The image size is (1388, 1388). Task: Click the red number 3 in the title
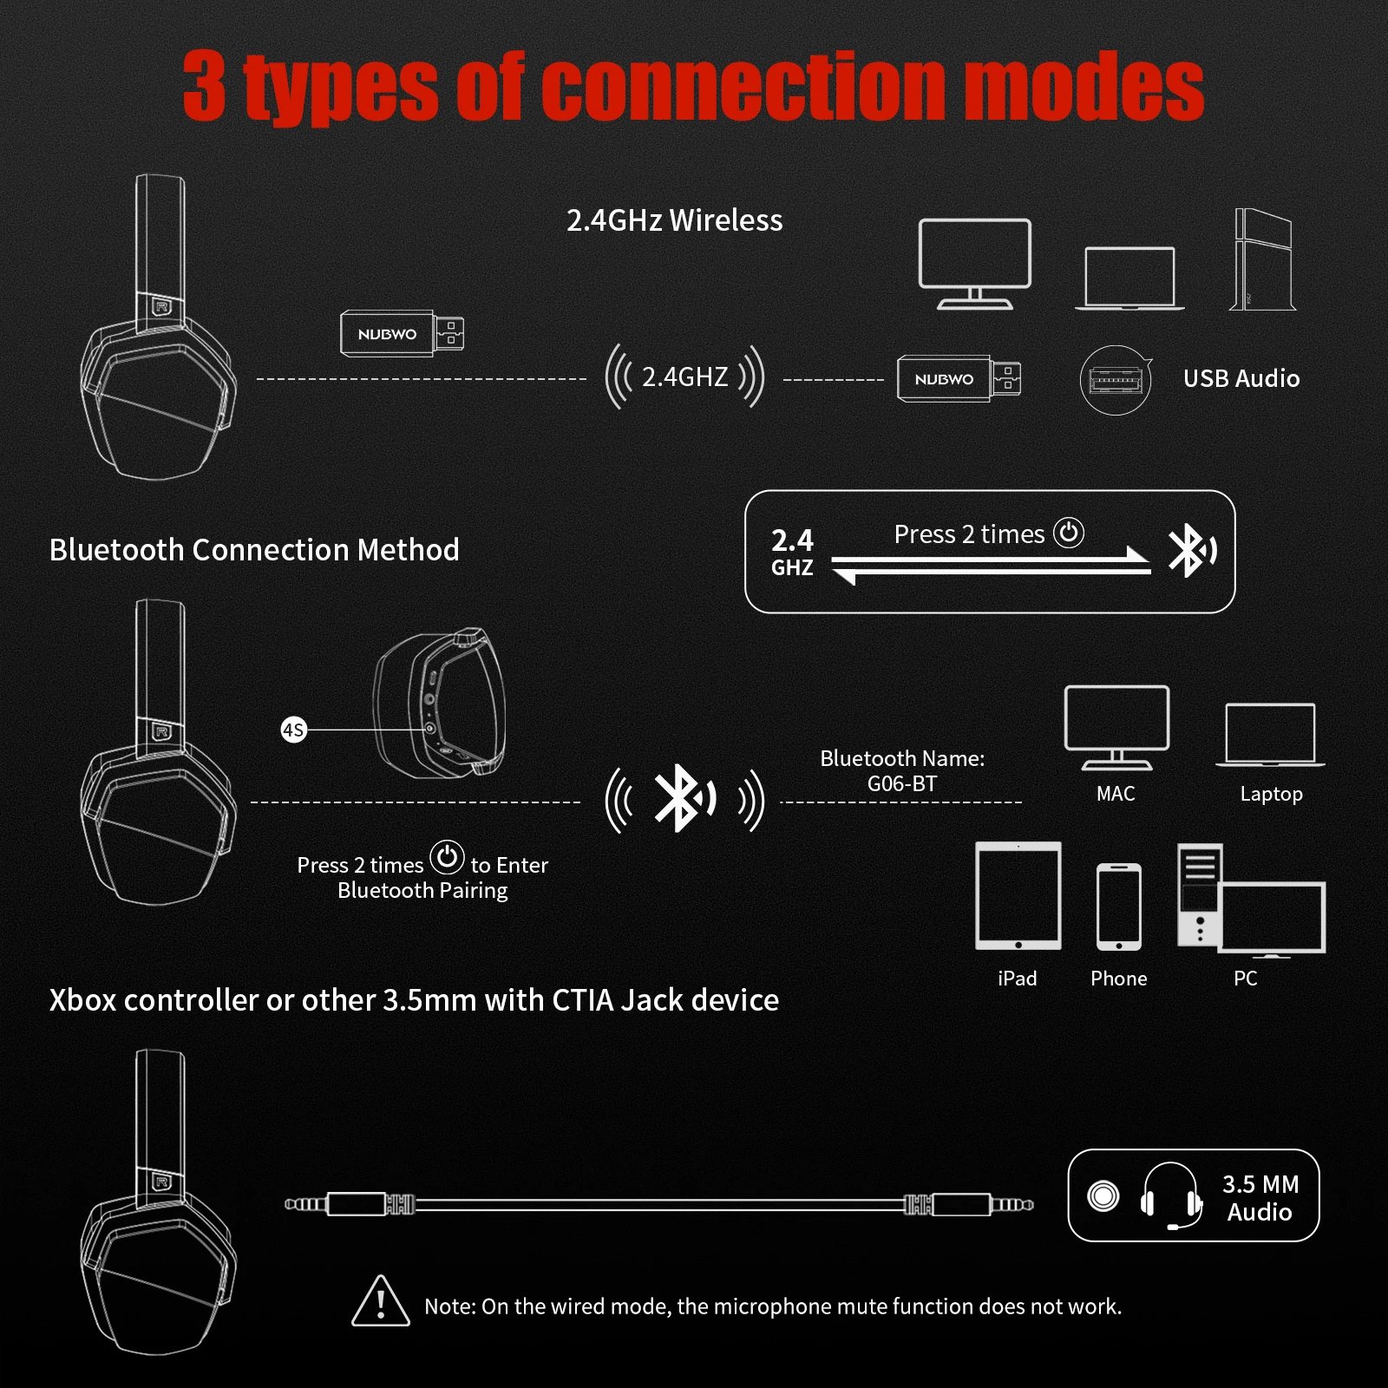(x=205, y=86)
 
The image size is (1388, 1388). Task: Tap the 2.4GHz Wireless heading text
(x=674, y=220)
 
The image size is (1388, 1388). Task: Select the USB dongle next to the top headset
(x=401, y=333)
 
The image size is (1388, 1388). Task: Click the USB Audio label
(x=1241, y=378)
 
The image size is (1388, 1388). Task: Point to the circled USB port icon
(x=1115, y=380)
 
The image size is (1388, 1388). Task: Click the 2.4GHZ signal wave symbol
(x=684, y=376)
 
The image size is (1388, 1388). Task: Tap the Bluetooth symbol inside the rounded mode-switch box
(x=1190, y=550)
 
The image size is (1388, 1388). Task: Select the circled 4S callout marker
(x=293, y=730)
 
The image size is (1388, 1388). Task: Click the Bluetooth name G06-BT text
(x=902, y=783)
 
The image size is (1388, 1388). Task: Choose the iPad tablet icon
(x=1018, y=896)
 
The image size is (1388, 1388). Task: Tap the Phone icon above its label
(x=1118, y=907)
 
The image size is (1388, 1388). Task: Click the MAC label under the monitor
(x=1115, y=794)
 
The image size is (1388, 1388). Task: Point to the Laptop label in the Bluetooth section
(x=1271, y=794)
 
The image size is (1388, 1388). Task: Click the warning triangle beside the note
(x=380, y=1301)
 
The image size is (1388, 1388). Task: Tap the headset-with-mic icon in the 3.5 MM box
(x=1170, y=1196)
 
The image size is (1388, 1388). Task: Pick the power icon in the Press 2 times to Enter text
(x=447, y=857)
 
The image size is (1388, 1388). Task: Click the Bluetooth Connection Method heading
(x=254, y=550)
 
